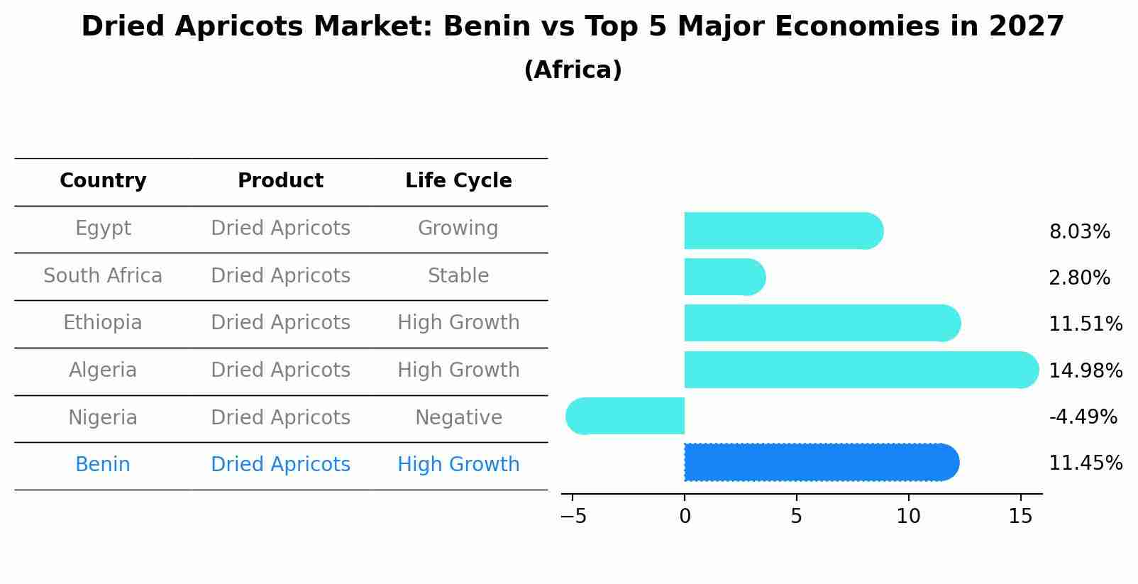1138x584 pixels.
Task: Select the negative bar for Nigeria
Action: pyautogui.click(x=625, y=416)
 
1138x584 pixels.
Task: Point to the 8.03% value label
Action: pyautogui.click(x=1079, y=232)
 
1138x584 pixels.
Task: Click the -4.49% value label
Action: pyautogui.click(x=1083, y=417)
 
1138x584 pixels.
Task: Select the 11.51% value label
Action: pyautogui.click(x=1085, y=324)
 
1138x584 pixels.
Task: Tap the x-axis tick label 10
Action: pyautogui.click(x=908, y=517)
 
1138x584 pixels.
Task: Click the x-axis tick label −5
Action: pyautogui.click(x=573, y=517)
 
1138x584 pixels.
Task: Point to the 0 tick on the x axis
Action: pyautogui.click(x=685, y=517)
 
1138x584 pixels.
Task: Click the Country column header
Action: pyautogui.click(x=103, y=181)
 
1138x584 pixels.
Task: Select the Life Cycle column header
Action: pyautogui.click(x=458, y=181)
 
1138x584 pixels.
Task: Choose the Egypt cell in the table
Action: pyautogui.click(x=103, y=228)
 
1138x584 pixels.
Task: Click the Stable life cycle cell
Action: pyautogui.click(x=458, y=276)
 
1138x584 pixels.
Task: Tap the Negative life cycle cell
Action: pyautogui.click(x=458, y=418)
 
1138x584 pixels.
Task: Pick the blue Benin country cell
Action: pyautogui.click(x=103, y=465)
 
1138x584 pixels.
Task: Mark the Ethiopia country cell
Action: pyautogui.click(x=103, y=323)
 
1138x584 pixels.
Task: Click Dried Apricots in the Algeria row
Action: pyautogui.click(x=280, y=370)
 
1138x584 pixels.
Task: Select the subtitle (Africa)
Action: pyautogui.click(x=573, y=70)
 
